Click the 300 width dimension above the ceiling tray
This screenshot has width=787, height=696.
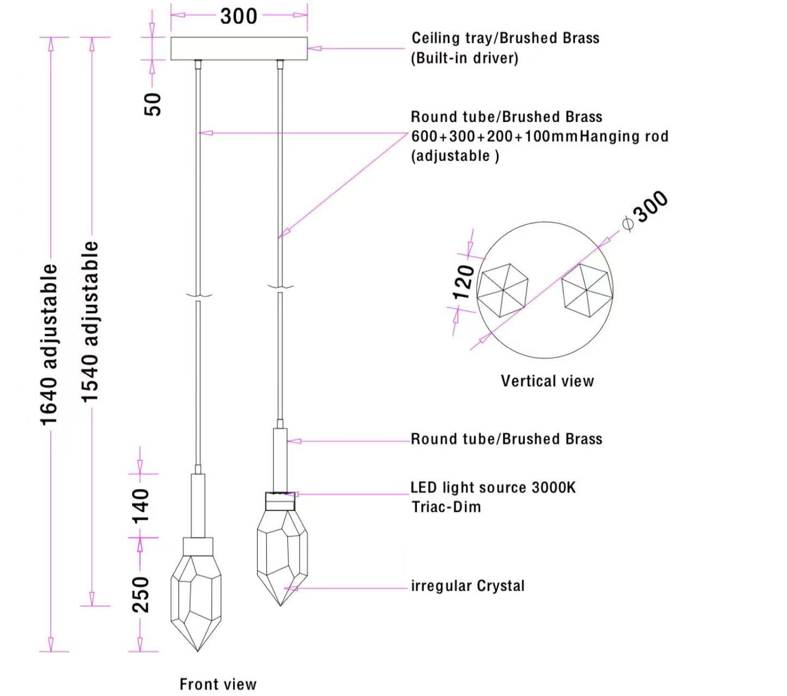[x=239, y=16]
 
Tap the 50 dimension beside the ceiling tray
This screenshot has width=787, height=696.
[x=153, y=103]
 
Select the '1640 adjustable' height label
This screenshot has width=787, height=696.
[x=49, y=344]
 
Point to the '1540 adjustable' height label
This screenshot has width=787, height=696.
[x=90, y=322]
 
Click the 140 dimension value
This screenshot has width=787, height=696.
[x=141, y=506]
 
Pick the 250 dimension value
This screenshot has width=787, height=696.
[x=141, y=594]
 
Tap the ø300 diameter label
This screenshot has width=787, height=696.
[x=646, y=211]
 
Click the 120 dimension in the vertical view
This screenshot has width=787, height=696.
[x=464, y=282]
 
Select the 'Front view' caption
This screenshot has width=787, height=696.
[x=218, y=684]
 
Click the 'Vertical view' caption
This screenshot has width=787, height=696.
[x=547, y=381]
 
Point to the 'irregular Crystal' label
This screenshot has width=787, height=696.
[x=467, y=586]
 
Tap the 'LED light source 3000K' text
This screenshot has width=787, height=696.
[x=493, y=487]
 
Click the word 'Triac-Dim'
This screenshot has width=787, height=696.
[x=446, y=507]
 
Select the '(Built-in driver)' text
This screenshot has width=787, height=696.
[x=465, y=58]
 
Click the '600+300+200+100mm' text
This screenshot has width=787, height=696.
[x=494, y=136]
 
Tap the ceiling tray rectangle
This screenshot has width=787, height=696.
[x=239, y=48]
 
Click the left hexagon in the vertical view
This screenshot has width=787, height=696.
[x=503, y=290]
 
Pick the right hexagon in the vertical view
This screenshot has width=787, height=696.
[x=588, y=290]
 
